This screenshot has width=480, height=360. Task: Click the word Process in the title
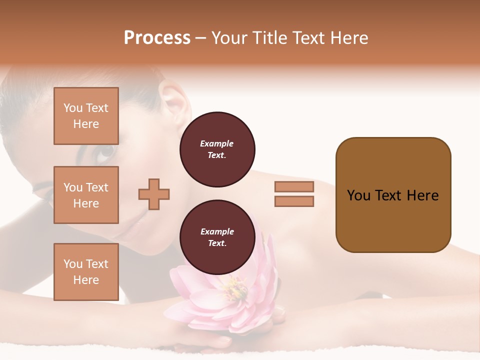(157, 38)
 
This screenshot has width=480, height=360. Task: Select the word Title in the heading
(268, 38)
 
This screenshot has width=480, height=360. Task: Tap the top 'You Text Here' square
(86, 116)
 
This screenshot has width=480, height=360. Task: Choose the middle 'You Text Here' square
(86, 195)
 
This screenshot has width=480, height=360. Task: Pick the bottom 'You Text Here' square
(86, 272)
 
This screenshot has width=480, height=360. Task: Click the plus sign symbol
(154, 194)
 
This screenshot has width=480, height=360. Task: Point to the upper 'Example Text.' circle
(217, 149)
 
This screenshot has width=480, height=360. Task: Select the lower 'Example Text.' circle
(217, 237)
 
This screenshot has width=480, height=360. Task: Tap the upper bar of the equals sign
(294, 187)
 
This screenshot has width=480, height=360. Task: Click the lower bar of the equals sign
(294, 201)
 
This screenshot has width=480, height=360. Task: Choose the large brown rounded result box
(393, 195)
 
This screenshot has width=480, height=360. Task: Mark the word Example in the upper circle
(217, 143)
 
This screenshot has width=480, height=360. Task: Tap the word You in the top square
(73, 108)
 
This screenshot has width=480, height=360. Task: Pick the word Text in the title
(308, 38)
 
